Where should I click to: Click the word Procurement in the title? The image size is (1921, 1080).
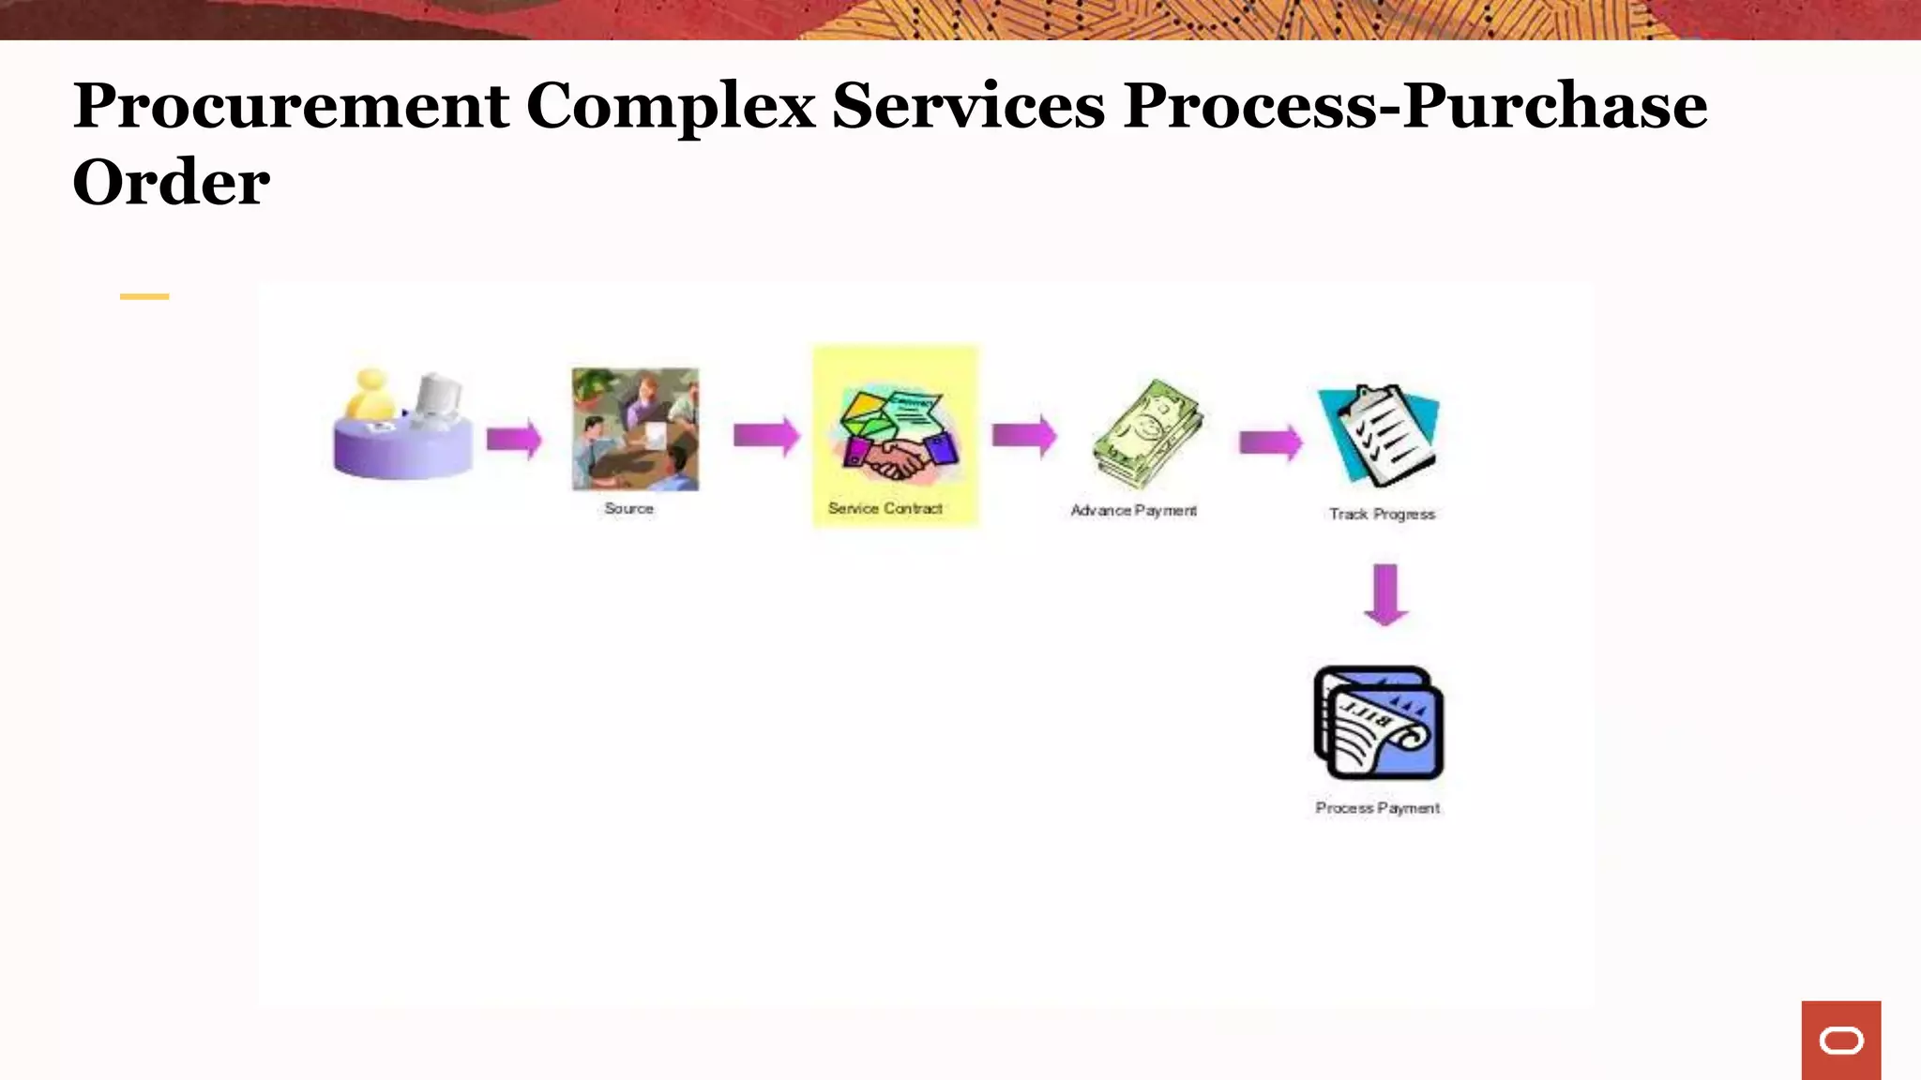(x=291, y=107)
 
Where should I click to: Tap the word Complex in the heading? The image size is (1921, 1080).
(x=671, y=107)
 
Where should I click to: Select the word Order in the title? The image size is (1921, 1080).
(x=172, y=183)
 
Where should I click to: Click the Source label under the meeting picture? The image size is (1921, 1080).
(x=628, y=508)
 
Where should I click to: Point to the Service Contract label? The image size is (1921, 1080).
(x=885, y=508)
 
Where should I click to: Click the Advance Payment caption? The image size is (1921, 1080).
(x=1133, y=510)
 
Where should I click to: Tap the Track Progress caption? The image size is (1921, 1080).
(x=1382, y=514)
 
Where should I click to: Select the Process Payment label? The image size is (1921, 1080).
(x=1377, y=807)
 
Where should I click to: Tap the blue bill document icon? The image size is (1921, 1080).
(x=1378, y=723)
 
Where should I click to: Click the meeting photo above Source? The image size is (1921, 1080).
(x=635, y=428)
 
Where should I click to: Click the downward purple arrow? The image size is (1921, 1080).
(x=1385, y=594)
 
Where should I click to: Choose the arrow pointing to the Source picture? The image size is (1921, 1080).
(x=514, y=438)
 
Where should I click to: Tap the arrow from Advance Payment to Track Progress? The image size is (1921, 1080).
(x=1271, y=442)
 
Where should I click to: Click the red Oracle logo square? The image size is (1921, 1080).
(x=1840, y=1040)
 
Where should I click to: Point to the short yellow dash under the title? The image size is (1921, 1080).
(x=144, y=296)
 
